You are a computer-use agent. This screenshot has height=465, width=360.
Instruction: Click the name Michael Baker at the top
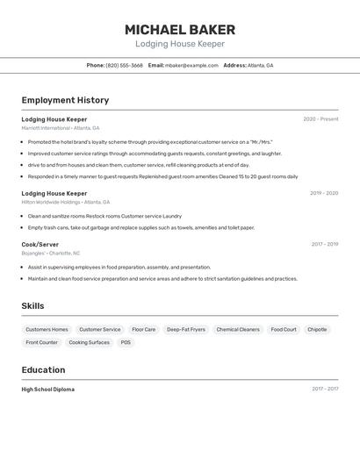(180, 30)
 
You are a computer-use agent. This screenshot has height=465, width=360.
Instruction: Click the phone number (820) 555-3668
(124, 65)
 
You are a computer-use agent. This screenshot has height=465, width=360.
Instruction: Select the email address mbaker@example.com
(191, 65)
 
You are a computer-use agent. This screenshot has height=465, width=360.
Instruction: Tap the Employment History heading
(65, 101)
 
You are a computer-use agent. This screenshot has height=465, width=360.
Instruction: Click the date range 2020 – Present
(320, 118)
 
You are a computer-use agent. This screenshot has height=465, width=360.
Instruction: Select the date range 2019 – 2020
(323, 193)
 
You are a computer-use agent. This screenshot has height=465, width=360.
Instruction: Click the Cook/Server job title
(40, 244)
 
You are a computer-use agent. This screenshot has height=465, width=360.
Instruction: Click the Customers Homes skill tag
(47, 330)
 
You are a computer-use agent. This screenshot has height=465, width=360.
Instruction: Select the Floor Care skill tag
(143, 330)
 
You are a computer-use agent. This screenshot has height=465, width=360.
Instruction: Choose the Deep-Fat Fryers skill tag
(186, 330)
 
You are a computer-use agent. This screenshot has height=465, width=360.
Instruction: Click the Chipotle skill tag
(317, 330)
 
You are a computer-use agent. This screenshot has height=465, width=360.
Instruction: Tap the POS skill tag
(126, 343)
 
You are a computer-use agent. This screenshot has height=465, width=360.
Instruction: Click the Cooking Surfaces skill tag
(89, 343)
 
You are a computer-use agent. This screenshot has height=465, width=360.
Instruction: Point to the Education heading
(43, 370)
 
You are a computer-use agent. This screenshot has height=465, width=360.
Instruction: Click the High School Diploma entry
(47, 389)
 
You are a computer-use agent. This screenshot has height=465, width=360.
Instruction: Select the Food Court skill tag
(284, 330)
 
